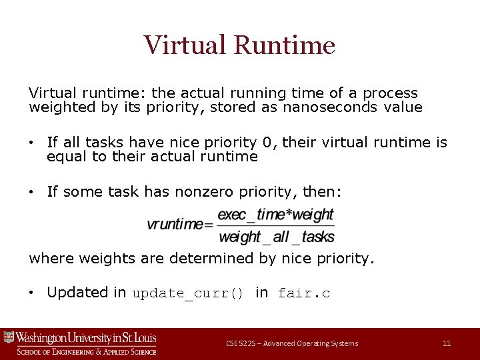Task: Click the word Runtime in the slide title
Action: tap(285, 45)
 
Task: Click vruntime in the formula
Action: tap(175, 225)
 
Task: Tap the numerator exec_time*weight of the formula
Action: tap(276, 215)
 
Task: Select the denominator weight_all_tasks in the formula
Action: tap(276, 237)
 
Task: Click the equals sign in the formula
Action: tap(210, 225)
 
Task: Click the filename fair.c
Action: tap(304, 293)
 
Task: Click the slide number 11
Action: tap(447, 343)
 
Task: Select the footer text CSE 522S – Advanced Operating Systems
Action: tap(292, 343)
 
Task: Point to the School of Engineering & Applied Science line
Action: tap(87, 351)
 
